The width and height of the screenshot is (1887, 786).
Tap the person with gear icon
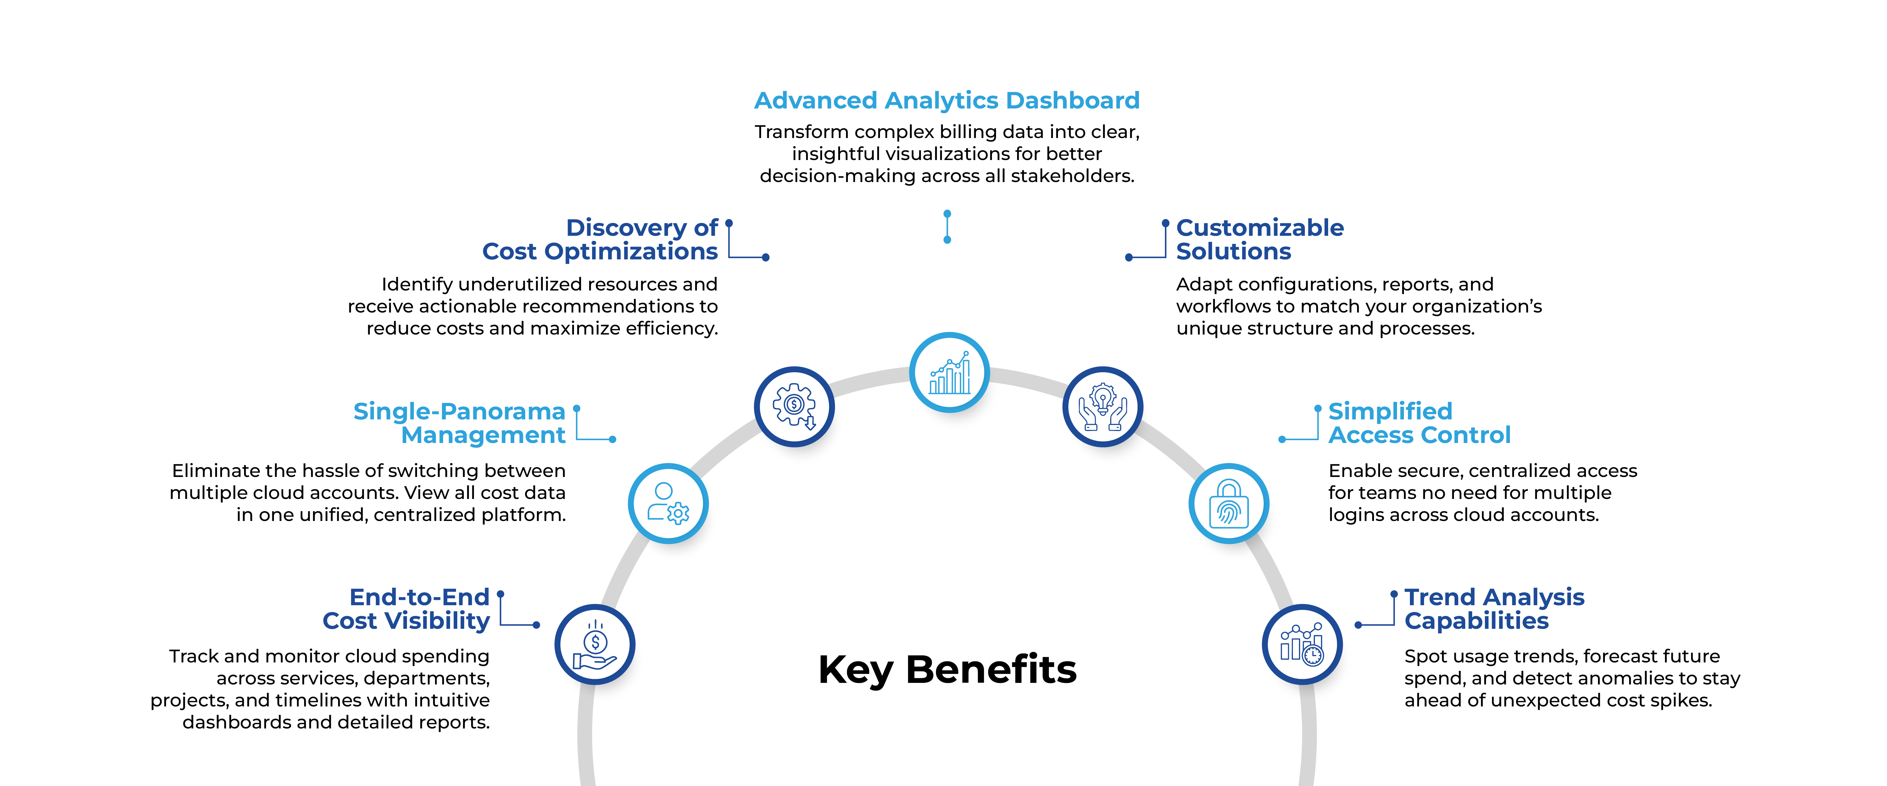pos(668,502)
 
